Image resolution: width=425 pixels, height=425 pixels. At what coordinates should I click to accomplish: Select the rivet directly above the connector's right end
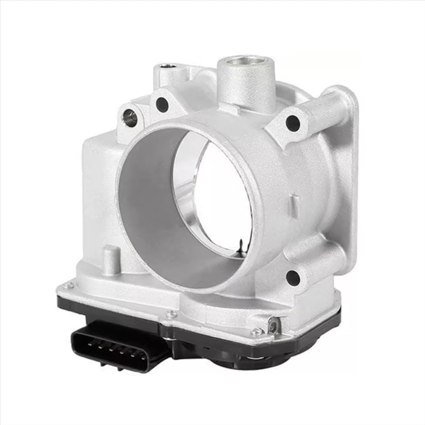click(171, 312)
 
